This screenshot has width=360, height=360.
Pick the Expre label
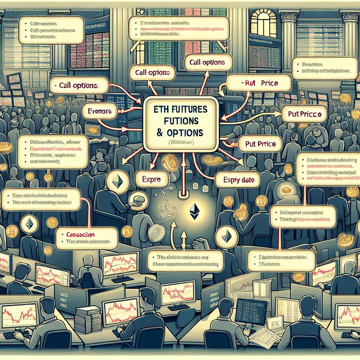point(152,179)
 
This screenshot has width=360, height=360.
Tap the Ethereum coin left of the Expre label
point(117,182)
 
